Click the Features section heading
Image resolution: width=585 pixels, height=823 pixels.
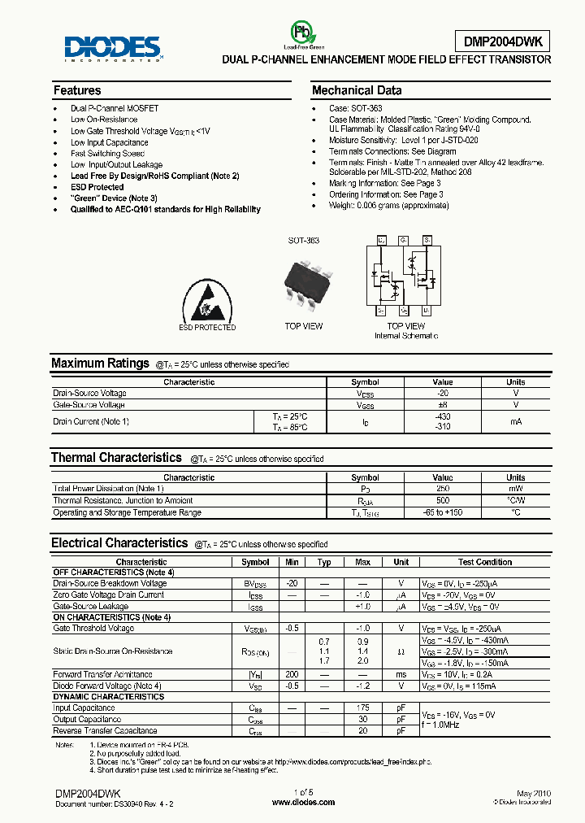[77, 90]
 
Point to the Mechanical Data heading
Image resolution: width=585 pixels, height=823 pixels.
[357, 90]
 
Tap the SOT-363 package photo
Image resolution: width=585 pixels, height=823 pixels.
[304, 281]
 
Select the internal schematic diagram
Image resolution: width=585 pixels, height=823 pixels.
[404, 277]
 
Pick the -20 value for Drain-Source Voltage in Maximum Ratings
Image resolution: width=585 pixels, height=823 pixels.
[443, 394]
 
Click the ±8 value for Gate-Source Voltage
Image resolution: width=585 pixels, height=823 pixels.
[443, 404]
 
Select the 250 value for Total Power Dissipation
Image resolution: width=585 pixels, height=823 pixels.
[443, 489]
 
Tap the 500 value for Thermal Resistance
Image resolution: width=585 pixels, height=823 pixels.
[443, 500]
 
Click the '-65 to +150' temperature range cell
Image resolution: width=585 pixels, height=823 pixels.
[443, 512]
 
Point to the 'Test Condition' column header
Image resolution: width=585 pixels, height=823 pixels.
[485, 562]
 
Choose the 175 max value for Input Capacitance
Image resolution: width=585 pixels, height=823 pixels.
[362, 708]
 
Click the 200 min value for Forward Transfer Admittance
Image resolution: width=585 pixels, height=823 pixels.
[292, 674]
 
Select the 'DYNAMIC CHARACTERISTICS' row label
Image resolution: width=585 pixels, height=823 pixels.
[108, 697]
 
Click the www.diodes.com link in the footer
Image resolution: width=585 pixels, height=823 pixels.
[303, 802]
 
